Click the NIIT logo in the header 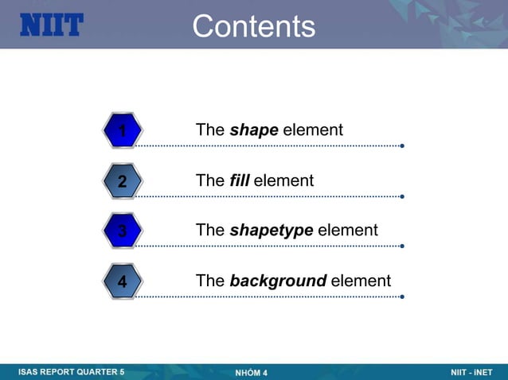[51, 25]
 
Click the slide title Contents [253, 26]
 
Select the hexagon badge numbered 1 [122, 130]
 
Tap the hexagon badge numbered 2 [122, 181]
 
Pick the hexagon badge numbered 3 [122, 231]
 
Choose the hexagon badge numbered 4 [122, 281]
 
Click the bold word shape [253, 130]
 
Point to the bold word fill [239, 180]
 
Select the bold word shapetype [271, 231]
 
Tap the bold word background [278, 281]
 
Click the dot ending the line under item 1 [402, 146]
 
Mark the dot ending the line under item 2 [402, 196]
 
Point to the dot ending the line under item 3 [402, 246]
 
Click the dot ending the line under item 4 [402, 297]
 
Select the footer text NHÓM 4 [252, 373]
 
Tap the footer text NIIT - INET [471, 372]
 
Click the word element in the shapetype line [347, 231]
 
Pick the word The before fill [210, 180]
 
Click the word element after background [361, 281]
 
